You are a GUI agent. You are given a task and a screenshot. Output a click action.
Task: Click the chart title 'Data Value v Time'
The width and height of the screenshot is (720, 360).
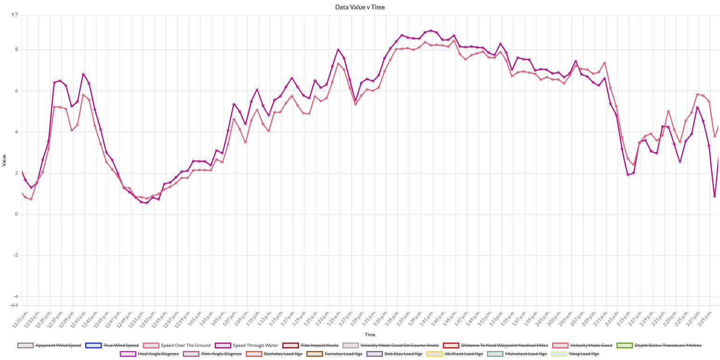360,7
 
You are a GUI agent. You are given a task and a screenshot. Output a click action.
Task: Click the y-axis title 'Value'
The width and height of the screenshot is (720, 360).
4,160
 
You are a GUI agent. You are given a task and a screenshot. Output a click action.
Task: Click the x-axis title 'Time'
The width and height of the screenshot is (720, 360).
370,334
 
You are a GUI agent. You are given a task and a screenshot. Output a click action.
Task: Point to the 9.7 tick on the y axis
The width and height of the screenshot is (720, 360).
15,15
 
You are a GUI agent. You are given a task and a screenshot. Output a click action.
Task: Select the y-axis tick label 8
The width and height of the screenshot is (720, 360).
17,49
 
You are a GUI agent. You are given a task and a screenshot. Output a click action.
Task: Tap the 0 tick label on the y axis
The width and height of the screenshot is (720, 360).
17,214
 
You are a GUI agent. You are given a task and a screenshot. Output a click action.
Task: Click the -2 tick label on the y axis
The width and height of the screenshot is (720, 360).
16,255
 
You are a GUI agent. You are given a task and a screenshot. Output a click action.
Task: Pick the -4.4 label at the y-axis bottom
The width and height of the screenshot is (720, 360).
14,305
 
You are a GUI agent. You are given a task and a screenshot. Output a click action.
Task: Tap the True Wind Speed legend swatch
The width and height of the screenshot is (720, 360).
93,346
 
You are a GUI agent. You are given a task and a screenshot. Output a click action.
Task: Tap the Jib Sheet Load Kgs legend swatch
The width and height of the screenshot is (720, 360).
435,354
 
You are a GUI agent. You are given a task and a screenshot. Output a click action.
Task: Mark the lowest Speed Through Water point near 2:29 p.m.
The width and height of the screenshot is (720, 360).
714,196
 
